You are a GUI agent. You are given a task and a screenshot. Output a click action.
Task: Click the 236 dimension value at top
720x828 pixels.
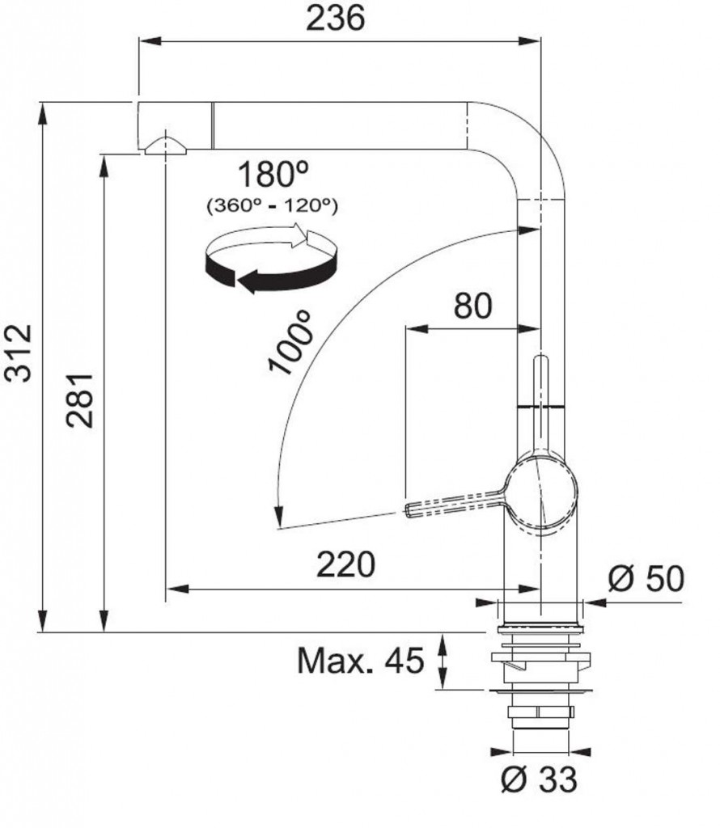(x=335, y=18)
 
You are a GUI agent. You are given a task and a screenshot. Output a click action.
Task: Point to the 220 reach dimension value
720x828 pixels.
(x=345, y=564)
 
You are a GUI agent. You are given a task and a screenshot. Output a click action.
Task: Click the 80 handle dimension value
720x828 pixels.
(x=472, y=306)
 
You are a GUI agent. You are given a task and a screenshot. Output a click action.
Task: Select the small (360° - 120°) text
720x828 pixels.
(x=273, y=205)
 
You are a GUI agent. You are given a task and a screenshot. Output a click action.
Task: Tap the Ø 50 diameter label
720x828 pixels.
(x=645, y=578)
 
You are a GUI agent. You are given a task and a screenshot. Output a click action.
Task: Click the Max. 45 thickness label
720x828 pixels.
(x=361, y=662)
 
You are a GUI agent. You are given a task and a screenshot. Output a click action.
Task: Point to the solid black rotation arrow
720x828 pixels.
(x=267, y=274)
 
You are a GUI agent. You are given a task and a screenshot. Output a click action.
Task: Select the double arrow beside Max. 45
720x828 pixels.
(x=443, y=662)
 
